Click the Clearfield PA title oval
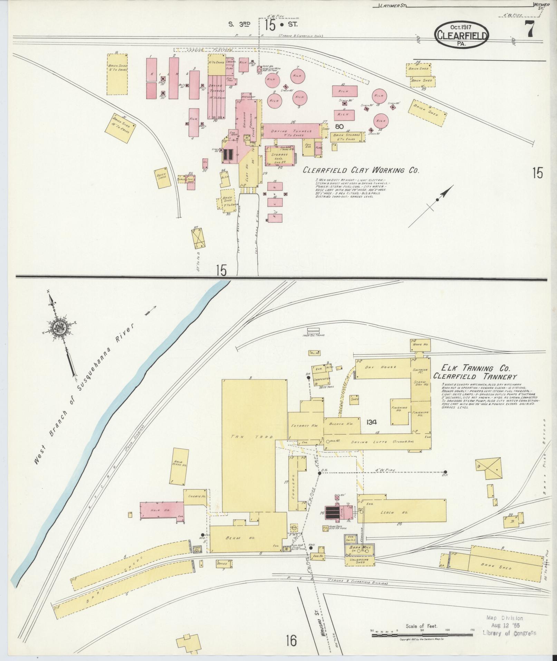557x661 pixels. tap(461, 36)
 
